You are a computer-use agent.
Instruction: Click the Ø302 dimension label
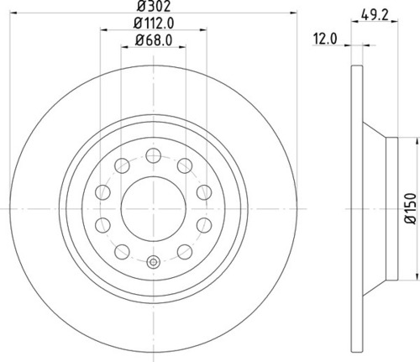[x=154, y=6]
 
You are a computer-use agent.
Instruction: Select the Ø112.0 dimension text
[x=154, y=23]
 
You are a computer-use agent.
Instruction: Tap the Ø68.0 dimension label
[x=154, y=40]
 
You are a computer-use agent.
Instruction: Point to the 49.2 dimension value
[x=375, y=14]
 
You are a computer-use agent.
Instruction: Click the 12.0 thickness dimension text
[x=325, y=39]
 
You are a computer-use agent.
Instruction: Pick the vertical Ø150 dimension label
[x=411, y=208]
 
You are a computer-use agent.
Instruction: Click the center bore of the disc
[x=154, y=209]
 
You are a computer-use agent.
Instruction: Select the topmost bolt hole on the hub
[x=154, y=155]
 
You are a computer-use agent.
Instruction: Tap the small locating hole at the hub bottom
[x=154, y=262]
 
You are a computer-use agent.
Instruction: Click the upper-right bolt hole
[x=185, y=165]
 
